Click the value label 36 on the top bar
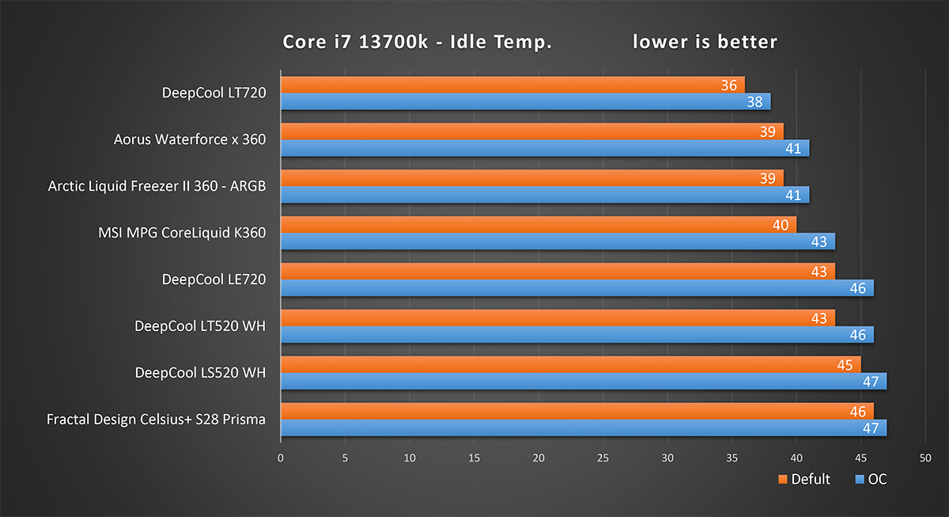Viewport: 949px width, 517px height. [x=728, y=85]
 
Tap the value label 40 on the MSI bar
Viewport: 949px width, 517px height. [x=781, y=225]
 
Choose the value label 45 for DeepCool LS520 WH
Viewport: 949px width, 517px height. [x=845, y=365]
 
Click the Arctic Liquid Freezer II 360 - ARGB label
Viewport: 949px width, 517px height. [x=157, y=186]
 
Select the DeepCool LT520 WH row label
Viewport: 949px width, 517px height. [x=200, y=325]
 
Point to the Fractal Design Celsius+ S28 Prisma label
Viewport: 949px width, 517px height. [x=157, y=419]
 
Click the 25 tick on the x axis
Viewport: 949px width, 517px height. [x=603, y=458]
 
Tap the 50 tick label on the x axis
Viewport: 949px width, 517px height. [x=925, y=458]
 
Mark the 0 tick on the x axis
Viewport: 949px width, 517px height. [x=281, y=458]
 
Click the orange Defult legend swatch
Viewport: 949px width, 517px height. [x=783, y=479]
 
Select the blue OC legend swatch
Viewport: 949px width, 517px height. [x=860, y=479]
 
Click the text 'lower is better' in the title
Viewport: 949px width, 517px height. [x=705, y=42]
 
